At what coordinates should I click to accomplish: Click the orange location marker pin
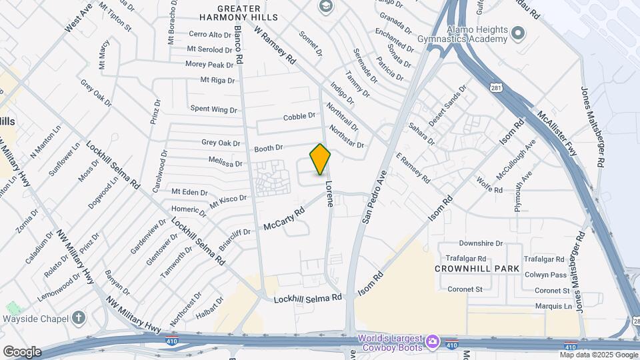321,159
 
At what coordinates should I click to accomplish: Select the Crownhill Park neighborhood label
477,269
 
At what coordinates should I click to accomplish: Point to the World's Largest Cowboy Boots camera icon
433,342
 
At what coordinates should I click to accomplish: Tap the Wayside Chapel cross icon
79,317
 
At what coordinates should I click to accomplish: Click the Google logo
22,352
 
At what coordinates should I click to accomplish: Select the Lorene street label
329,193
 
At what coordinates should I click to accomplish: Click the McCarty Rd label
283,218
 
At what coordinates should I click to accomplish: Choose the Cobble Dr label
299,116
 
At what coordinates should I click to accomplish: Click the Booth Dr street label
269,148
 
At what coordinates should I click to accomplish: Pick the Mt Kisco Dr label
229,200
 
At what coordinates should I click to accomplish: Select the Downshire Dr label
481,244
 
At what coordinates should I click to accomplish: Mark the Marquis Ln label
554,307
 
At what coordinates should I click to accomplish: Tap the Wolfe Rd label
490,185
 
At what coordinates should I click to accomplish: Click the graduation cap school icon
325,7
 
